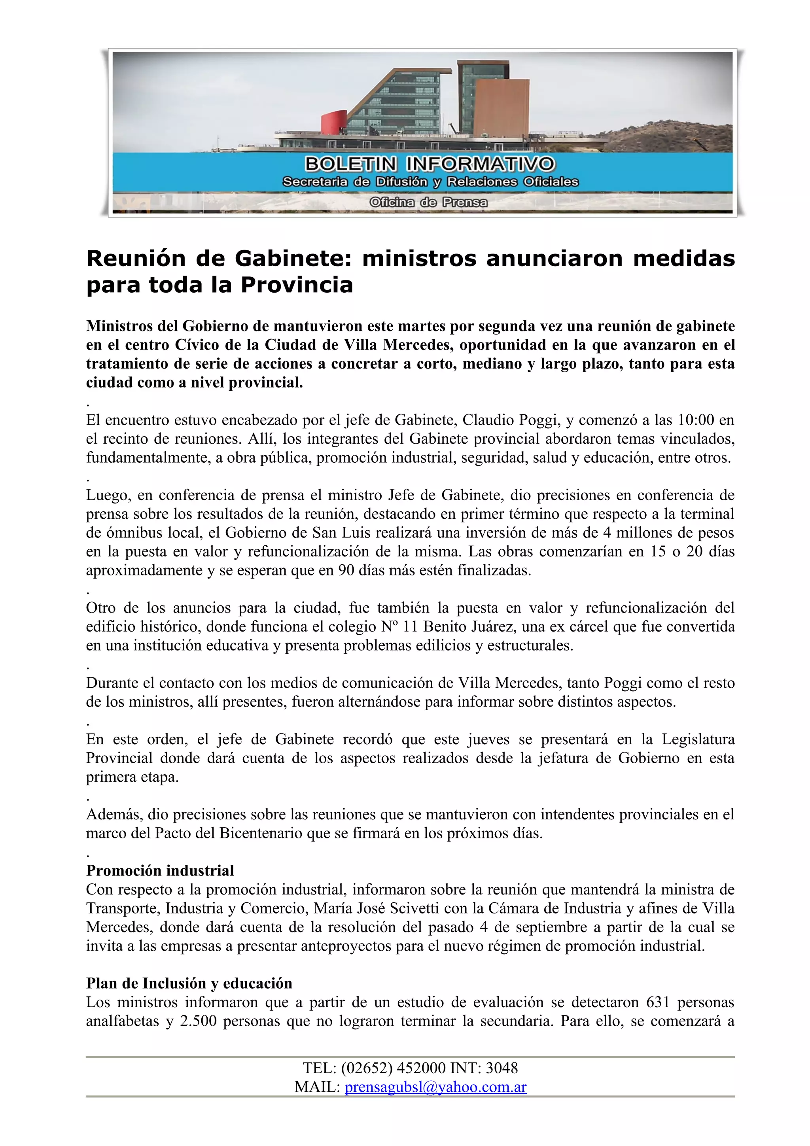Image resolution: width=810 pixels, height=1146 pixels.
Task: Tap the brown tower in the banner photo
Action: click(x=501, y=107)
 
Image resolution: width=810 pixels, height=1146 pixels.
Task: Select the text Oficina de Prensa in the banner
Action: click(x=428, y=202)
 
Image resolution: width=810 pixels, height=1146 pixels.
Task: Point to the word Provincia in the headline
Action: click(x=297, y=285)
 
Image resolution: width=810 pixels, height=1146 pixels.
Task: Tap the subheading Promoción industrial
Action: click(x=160, y=870)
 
